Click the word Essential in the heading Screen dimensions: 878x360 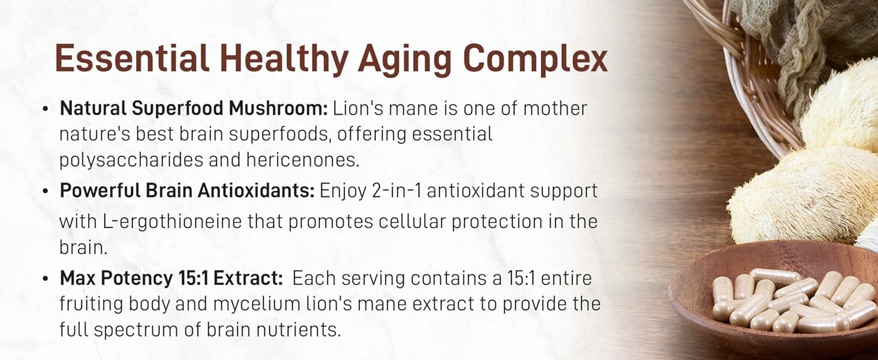point(132,58)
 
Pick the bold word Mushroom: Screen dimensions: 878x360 point(278,108)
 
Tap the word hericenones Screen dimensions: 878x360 point(303,160)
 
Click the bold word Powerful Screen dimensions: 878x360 point(100,191)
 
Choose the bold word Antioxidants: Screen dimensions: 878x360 point(256,191)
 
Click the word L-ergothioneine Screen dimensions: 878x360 point(173,222)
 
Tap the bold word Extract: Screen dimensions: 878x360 point(248,278)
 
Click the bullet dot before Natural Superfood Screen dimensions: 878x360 point(46,109)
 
